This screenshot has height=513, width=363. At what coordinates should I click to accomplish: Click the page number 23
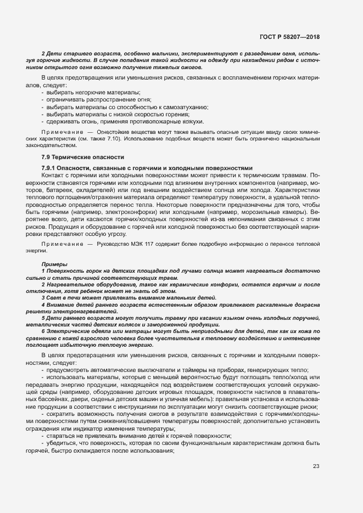(x=316, y=466)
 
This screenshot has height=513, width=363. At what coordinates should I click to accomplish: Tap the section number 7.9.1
(x=51, y=167)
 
